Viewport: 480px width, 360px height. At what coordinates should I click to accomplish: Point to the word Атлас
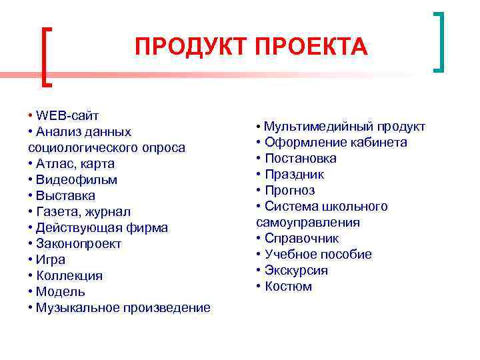click(x=56, y=163)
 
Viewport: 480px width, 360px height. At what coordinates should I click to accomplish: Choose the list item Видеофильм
click(x=77, y=179)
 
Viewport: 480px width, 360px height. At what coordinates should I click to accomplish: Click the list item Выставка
click(x=66, y=195)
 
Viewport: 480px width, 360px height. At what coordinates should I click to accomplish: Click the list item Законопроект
click(x=79, y=243)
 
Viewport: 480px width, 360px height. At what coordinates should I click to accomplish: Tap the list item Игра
click(x=51, y=259)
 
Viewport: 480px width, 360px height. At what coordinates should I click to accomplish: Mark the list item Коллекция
click(x=69, y=275)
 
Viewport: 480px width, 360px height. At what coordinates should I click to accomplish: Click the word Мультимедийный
click(x=311, y=127)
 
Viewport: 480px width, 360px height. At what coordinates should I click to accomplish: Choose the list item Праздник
click(x=294, y=175)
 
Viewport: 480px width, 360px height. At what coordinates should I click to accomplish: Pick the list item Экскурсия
click(x=296, y=271)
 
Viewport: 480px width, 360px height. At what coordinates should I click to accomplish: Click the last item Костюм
click(x=288, y=287)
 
